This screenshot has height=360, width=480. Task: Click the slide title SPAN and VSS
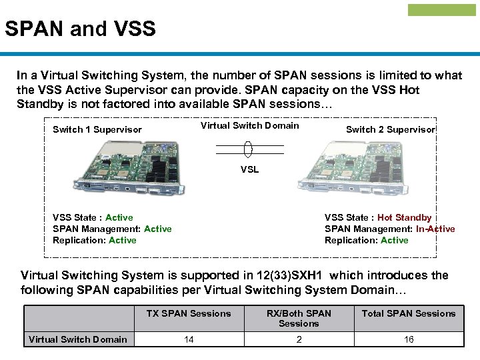(80, 29)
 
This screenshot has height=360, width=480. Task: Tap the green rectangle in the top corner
(441, 10)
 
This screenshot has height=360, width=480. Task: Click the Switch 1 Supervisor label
(97, 129)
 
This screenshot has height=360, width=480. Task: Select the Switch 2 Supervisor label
(391, 129)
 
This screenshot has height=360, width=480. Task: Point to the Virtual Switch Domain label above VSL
(249, 125)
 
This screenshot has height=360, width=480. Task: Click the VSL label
(249, 169)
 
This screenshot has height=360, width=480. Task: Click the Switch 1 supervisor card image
(132, 167)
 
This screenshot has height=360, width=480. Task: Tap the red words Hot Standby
(404, 217)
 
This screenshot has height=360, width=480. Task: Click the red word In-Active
(435, 229)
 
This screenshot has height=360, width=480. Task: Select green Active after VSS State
(119, 217)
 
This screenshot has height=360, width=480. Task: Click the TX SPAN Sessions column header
(189, 313)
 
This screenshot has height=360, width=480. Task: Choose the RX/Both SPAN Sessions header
(299, 318)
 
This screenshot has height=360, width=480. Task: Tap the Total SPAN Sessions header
(409, 313)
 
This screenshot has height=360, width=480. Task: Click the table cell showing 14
(189, 339)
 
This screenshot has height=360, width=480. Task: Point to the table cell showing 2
(299, 339)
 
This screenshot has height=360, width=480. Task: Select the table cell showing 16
(409, 339)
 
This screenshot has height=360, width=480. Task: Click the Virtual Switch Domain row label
(78, 339)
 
